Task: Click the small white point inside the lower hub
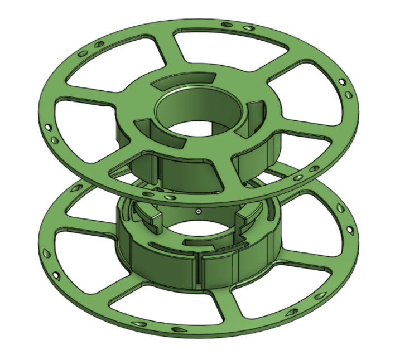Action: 198,211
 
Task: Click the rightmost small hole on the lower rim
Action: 350,229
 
